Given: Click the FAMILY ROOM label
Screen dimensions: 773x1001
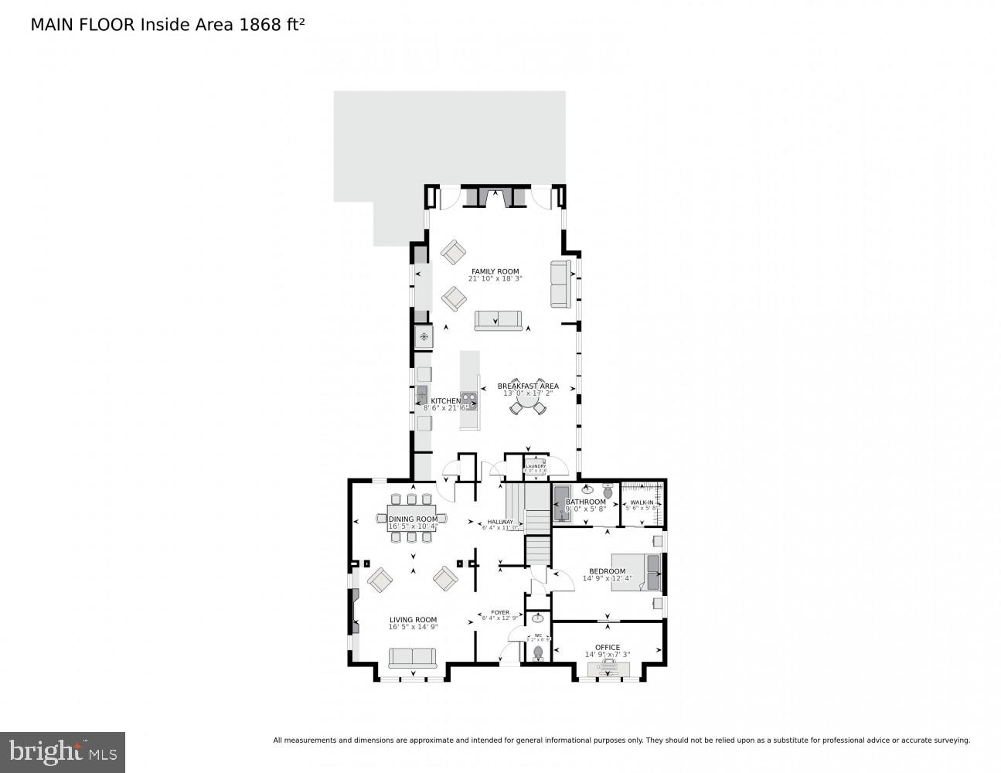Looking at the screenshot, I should [495, 271].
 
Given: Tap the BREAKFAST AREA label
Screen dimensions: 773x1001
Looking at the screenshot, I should [528, 386].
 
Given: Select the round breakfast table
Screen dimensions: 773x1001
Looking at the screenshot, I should [528, 402].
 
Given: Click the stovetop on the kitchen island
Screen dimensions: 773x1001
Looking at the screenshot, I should [469, 400].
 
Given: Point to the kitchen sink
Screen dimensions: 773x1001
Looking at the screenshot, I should [422, 397].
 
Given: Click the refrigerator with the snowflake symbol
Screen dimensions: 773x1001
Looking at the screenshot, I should [424, 338].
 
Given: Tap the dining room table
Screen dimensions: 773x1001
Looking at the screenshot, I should [412, 518].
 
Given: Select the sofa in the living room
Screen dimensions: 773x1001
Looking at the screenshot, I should [412, 658].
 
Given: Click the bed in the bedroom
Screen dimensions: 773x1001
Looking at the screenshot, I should [636, 572].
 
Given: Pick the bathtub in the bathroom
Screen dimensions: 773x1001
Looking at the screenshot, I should [561, 503].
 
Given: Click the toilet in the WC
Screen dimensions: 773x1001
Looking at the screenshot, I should [538, 652].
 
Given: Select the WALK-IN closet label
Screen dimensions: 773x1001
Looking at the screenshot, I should [642, 502].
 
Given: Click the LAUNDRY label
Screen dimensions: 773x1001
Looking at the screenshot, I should [536, 466].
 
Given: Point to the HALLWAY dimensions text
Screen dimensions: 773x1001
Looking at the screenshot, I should [500, 529].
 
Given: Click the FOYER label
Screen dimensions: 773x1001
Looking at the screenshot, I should [500, 612].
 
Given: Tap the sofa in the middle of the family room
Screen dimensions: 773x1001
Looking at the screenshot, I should [498, 320].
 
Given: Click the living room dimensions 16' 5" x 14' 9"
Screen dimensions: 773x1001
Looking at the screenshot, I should [413, 628].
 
